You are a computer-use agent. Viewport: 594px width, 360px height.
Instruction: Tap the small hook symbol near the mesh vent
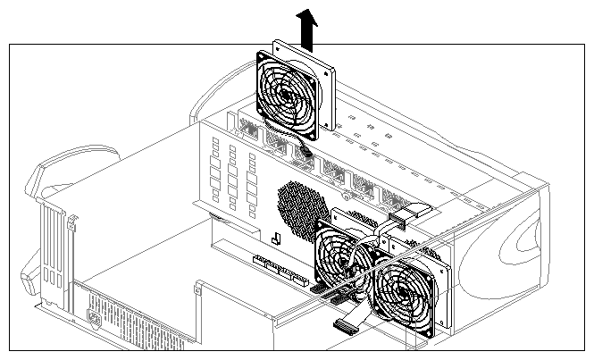coord(275,239)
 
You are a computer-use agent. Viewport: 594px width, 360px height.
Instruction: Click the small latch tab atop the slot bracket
coord(46,206)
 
